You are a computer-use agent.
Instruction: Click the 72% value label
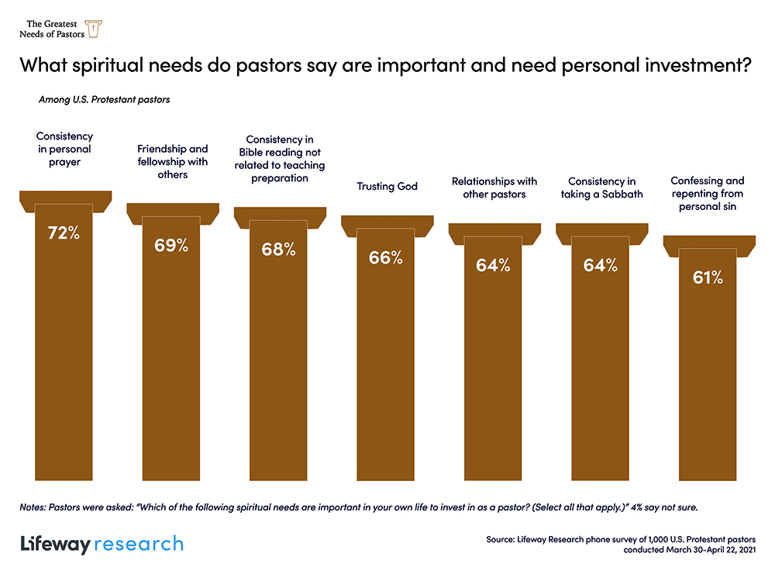point(64,232)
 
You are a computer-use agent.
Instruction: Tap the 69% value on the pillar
point(171,246)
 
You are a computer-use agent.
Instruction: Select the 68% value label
point(278,249)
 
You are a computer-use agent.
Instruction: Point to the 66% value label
point(385,258)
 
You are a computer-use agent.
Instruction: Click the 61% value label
point(708,277)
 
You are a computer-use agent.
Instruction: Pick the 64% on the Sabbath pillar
point(600,265)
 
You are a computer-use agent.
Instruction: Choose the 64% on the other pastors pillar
point(493,265)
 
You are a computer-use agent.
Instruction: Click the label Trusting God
point(387,187)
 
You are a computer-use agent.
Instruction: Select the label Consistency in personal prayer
point(64,150)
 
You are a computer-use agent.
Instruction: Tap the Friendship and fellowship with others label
point(172,162)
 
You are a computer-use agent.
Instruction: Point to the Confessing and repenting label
point(708,194)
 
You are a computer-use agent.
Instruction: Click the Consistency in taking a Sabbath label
point(601,187)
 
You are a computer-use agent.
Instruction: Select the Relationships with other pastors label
point(494,187)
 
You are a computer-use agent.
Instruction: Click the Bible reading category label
point(280,158)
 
